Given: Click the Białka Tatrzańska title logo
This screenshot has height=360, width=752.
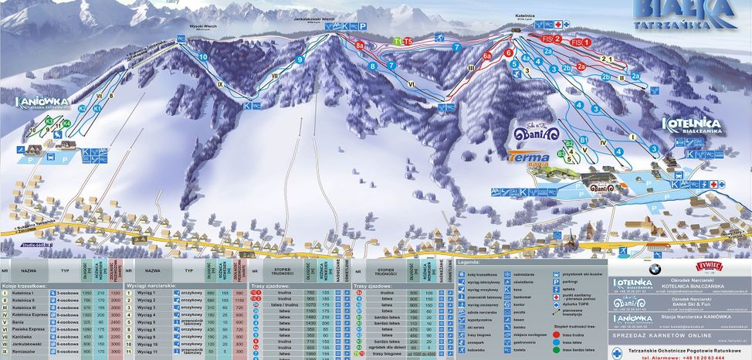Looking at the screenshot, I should click(x=682, y=13).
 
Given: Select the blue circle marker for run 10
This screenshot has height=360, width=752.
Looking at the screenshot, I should click(x=203, y=57).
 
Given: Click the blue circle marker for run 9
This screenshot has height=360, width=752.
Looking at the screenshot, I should click(x=300, y=59).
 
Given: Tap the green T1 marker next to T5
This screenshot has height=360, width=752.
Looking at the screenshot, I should click(x=398, y=40).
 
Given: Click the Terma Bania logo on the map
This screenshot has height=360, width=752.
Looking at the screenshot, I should click(x=529, y=158).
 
